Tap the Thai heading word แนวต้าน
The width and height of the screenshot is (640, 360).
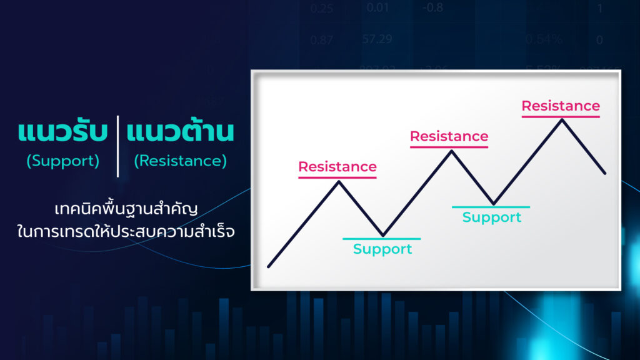click(180, 133)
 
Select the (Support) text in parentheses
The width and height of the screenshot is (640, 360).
click(63, 161)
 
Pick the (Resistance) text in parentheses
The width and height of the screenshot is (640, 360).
click(180, 161)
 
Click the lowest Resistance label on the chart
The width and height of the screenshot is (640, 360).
click(337, 167)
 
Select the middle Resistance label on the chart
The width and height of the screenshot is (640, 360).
click(449, 136)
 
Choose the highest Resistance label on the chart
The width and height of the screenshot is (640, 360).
click(561, 106)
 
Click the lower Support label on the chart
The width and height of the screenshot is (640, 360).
click(382, 249)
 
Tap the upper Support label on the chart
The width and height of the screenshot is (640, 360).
click(491, 217)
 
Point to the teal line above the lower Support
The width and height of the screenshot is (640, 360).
click(382, 239)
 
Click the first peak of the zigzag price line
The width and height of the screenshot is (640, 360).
click(339, 182)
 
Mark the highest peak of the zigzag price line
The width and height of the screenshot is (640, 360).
click(562, 119)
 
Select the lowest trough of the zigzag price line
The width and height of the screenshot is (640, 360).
click(383, 235)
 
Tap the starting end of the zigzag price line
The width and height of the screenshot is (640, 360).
click(269, 266)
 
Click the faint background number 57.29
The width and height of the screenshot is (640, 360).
click(377, 39)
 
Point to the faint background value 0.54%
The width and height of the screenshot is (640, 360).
click(542, 39)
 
